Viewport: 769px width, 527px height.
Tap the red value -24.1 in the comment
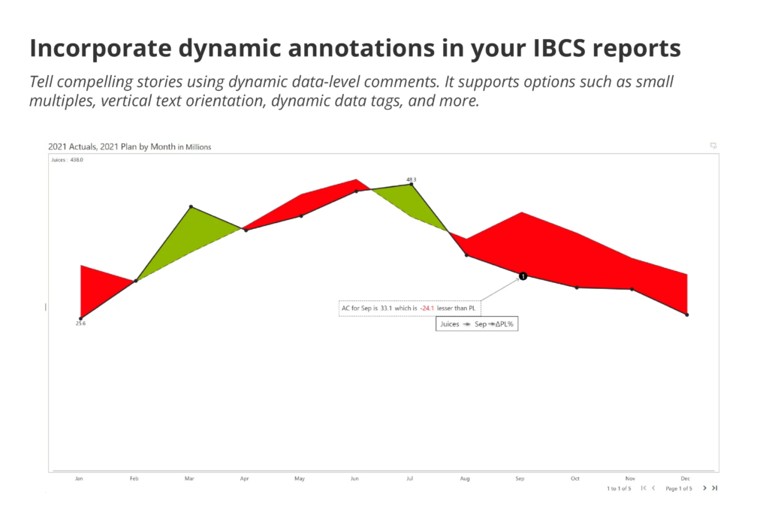pos(427,308)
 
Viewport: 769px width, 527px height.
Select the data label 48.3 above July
pos(411,179)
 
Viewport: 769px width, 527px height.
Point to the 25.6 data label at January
pos(80,324)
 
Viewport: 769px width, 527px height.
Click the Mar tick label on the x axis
pos(189,478)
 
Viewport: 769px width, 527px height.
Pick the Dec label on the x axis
pos(685,478)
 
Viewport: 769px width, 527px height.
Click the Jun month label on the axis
pos(355,478)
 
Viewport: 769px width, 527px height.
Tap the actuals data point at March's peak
pos(191,206)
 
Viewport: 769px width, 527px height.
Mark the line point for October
pos(577,288)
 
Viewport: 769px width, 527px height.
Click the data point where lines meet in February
pos(135,281)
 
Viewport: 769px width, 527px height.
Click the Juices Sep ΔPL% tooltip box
pos(480,324)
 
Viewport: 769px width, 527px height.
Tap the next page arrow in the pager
pos(704,488)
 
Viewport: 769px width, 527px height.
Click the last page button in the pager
pos(715,488)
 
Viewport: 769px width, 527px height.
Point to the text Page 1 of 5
pos(679,489)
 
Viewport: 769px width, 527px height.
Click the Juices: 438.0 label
pos(66,160)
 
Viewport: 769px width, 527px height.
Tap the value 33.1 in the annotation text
pos(387,308)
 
